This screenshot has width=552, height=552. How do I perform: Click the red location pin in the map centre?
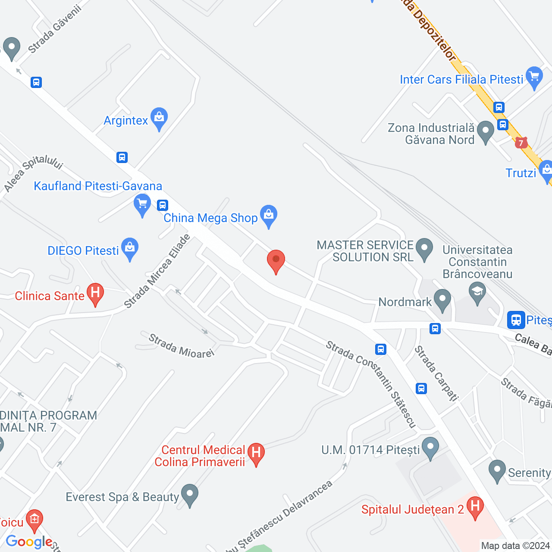click(x=276, y=260)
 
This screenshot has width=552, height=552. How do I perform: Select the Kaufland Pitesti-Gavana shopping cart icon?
click(x=142, y=204)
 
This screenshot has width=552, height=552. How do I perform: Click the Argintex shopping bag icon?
click(x=159, y=117)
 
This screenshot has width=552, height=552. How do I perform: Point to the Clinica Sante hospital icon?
click(x=95, y=293)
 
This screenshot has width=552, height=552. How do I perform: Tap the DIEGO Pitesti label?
click(x=83, y=251)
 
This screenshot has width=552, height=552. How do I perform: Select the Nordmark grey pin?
click(x=442, y=299)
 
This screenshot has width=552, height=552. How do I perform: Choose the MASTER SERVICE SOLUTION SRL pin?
click(x=425, y=248)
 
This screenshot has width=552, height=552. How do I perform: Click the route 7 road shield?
click(x=521, y=142)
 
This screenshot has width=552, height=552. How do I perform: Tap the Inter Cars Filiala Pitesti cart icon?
click(x=534, y=77)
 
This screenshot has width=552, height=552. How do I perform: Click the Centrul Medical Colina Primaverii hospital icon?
click(x=256, y=453)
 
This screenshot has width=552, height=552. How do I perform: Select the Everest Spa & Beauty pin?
click(x=189, y=494)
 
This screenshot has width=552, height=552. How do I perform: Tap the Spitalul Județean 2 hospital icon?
click(x=475, y=507)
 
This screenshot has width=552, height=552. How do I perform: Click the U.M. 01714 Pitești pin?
click(x=430, y=447)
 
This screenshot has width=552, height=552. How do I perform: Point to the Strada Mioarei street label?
click(x=181, y=346)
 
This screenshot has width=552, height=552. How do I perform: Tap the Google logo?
click(x=29, y=542)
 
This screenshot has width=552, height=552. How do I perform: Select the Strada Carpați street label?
click(x=436, y=373)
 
